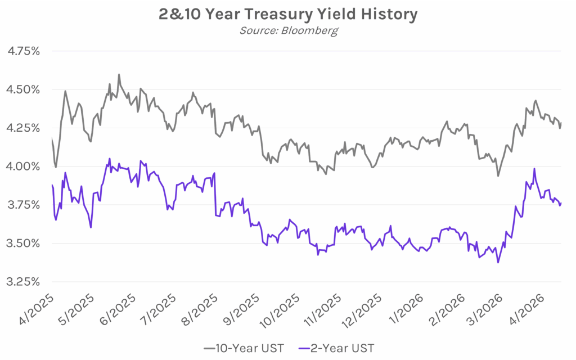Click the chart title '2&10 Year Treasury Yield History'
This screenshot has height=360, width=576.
[288, 14]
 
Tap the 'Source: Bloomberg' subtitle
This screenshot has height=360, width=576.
[288, 30]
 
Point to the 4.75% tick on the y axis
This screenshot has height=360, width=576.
[23, 51]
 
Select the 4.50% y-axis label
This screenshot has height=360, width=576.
[23, 89]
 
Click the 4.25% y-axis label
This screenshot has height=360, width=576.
[23, 128]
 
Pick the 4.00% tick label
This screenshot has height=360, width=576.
[23, 166]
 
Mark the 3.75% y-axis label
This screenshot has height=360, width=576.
[23, 205]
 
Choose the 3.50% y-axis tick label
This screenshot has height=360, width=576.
[23, 243]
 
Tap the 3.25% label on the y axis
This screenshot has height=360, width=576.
[23, 281]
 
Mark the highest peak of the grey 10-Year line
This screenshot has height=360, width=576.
[119, 74]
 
